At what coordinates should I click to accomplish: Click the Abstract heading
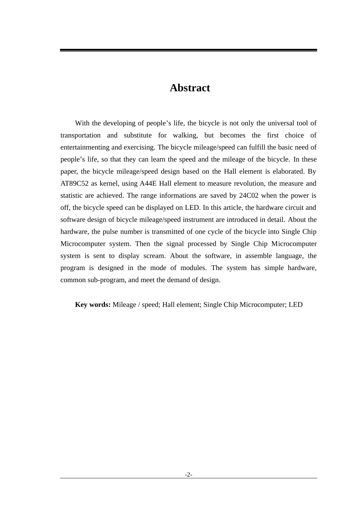[x=189, y=88]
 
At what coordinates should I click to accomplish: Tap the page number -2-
[x=188, y=475]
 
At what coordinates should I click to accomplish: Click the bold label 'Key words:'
[x=93, y=304]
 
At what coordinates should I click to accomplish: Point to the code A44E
[x=148, y=183]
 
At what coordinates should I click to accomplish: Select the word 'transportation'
[x=80, y=135]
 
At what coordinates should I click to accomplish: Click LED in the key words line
[x=296, y=304]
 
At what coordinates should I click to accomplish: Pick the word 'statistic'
[x=72, y=195]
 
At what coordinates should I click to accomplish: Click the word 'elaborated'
[x=288, y=171]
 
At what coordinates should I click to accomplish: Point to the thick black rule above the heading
[x=188, y=50]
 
